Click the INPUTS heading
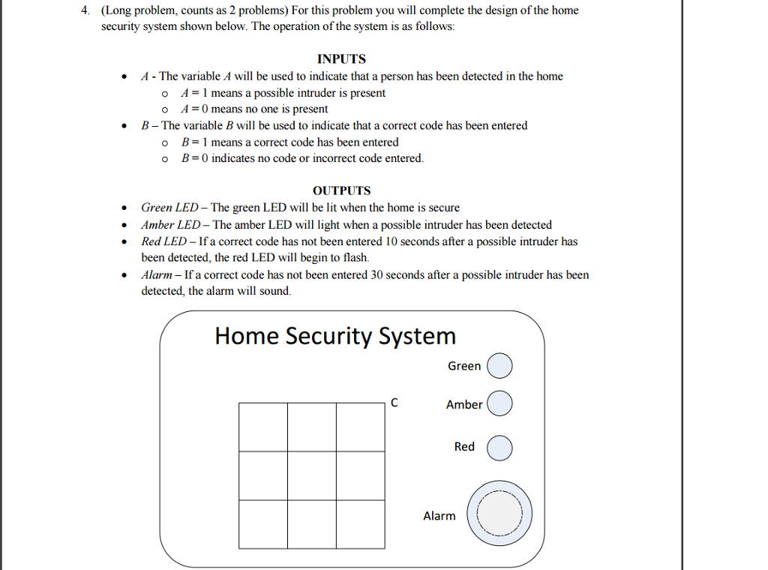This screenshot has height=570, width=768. [x=341, y=59]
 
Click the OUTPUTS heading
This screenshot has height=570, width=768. [x=341, y=190]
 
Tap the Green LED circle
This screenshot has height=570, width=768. [x=499, y=366]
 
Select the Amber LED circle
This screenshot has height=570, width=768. [x=499, y=403]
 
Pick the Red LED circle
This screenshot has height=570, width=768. [x=499, y=448]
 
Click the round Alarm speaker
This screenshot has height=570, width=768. [x=499, y=514]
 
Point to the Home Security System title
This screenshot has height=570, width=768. [x=335, y=335]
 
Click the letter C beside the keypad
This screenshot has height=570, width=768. [x=394, y=403]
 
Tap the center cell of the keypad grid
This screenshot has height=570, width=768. [x=312, y=475]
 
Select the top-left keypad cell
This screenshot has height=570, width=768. [x=263, y=427]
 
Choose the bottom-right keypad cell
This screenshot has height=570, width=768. [x=361, y=524]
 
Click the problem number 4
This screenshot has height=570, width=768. [x=86, y=10]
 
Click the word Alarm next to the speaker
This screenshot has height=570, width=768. [x=439, y=516]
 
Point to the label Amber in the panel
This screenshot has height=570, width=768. [x=464, y=404]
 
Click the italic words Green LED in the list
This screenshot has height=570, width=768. [x=170, y=208]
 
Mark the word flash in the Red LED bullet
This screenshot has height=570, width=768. [x=355, y=257]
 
